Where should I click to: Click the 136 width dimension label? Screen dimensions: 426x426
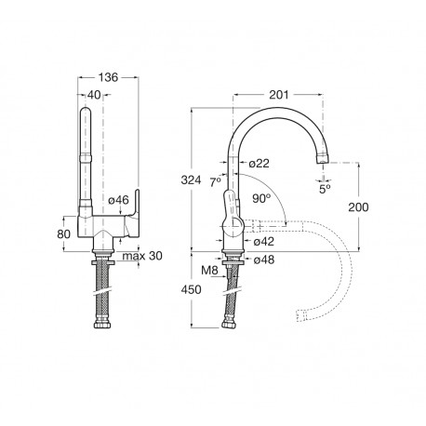[x=108, y=77]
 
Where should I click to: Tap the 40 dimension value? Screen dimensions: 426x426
[x=94, y=95]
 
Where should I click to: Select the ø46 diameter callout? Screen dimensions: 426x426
[x=118, y=200]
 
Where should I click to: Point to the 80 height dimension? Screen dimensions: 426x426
[x=64, y=234]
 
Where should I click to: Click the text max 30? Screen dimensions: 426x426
[x=142, y=256]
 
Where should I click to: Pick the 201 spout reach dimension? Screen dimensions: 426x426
[x=279, y=95]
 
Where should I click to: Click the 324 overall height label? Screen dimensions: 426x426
[x=191, y=180]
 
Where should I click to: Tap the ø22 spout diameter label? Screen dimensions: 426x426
[x=260, y=164]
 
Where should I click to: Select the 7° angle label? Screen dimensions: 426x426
[x=216, y=182]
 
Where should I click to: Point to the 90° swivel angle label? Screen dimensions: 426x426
[x=261, y=198]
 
